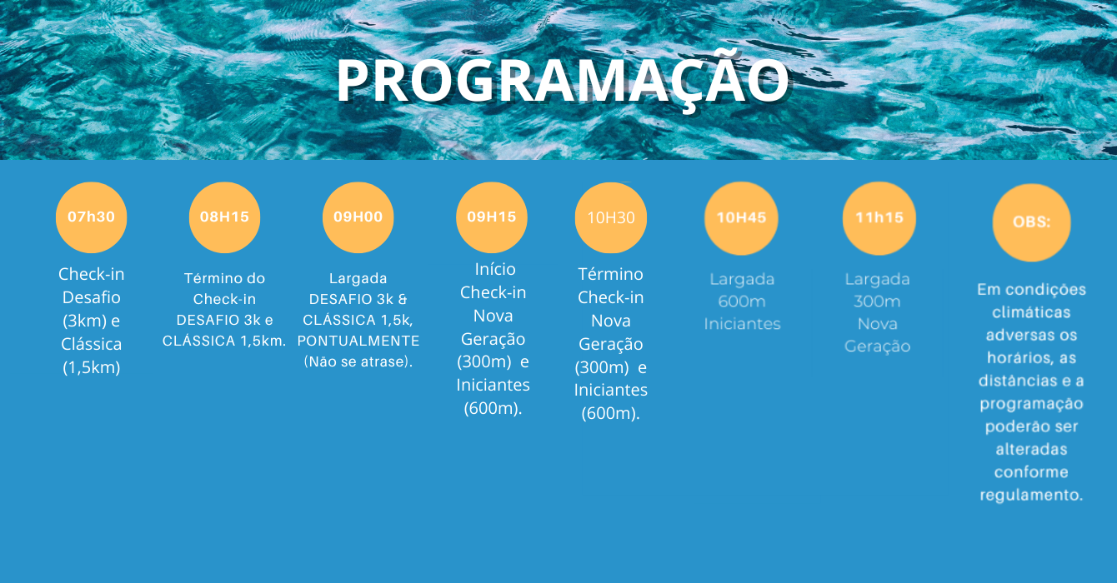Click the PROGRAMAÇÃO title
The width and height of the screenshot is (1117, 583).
(563, 80)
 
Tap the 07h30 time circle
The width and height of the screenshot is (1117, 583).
(91, 217)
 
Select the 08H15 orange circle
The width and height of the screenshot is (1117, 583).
(224, 217)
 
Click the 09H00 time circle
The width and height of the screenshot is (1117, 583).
(358, 217)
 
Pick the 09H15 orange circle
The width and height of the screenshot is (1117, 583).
(492, 217)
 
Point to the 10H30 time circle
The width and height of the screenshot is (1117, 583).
(611, 217)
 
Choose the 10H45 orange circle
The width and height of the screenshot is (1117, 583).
(742, 218)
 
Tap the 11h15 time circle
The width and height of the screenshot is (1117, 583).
(879, 218)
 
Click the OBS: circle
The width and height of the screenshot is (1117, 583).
(1032, 222)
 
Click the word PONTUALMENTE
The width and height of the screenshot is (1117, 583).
(358, 341)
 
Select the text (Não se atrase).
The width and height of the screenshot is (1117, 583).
(358, 361)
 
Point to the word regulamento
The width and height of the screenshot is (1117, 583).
(1031, 496)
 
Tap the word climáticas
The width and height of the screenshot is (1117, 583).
(1031, 312)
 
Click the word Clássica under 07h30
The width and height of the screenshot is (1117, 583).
(91, 344)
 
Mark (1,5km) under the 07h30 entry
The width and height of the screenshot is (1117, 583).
(91, 368)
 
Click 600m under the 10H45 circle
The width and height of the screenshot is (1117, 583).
(742, 301)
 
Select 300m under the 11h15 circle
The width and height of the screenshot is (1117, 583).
(877, 301)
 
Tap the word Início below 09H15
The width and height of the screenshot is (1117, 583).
(494, 269)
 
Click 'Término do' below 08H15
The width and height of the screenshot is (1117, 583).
(224, 278)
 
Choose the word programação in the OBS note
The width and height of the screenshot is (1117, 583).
(1031, 405)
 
